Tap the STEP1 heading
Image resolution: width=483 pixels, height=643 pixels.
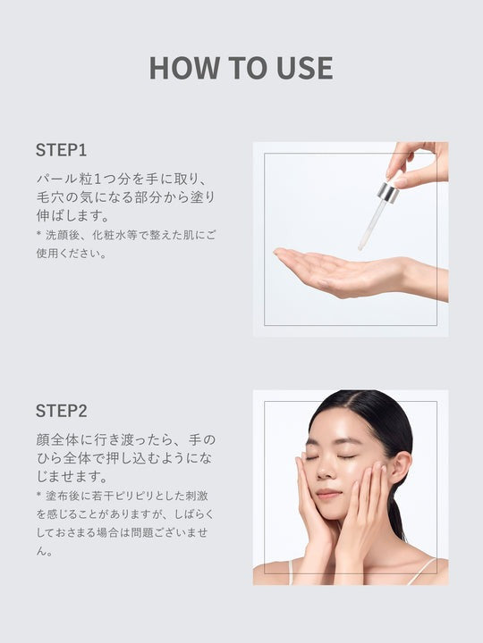point(61,149)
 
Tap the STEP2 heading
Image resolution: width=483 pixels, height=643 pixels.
point(61,411)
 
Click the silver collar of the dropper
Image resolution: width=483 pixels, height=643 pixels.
point(388,192)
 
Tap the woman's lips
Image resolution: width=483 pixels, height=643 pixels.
point(328,493)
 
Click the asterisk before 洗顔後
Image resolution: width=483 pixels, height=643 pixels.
point(39,235)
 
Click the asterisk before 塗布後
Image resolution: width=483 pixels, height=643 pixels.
point(39,496)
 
